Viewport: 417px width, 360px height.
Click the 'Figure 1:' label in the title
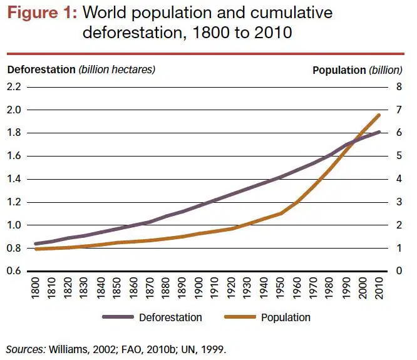click(43, 13)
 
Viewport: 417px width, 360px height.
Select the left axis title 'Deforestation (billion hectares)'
click(81, 69)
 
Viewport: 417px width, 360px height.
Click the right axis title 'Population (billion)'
click(358, 70)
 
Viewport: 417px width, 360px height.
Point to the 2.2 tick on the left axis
click(14, 86)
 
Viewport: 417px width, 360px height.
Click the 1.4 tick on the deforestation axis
click(14, 179)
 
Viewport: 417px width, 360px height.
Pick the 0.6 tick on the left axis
click(14, 271)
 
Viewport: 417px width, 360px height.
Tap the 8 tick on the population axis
click(399, 86)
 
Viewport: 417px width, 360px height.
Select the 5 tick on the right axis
click(399, 156)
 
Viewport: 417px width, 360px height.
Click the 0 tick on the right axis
click(399, 271)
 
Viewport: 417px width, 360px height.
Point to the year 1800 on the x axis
click(36, 288)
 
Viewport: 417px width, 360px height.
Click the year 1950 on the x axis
click(280, 288)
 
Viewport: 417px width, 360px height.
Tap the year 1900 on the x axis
click(198, 288)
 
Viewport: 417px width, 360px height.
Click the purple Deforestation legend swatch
click(118, 317)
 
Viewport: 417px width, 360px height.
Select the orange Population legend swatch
click(240, 317)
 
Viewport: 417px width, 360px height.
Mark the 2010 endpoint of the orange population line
click(379, 115)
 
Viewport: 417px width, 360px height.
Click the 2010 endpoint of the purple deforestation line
click(379, 132)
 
